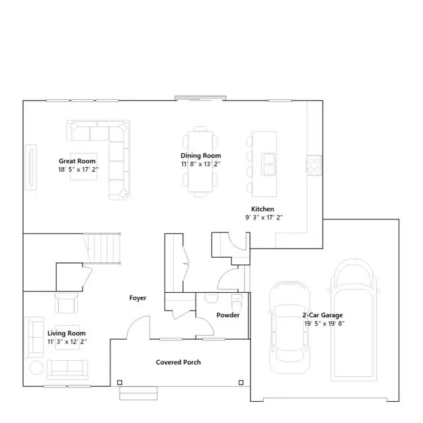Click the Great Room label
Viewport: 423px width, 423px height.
[77, 161]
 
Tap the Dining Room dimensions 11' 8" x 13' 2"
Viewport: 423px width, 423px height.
[201, 164]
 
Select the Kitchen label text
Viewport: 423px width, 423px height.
[262, 209]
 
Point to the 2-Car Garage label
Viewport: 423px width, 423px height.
[323, 315]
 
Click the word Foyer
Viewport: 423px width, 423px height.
[137, 298]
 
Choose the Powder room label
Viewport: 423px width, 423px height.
[228, 315]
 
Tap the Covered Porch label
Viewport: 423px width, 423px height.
[178, 362]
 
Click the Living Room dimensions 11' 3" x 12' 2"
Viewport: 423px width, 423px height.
[67, 342]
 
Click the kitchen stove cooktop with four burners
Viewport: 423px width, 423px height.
[314, 165]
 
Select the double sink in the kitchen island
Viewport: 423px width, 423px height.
[268, 164]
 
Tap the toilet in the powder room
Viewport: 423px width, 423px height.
[237, 303]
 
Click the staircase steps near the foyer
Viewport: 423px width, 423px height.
[102, 249]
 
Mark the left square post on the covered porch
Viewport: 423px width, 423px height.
[120, 382]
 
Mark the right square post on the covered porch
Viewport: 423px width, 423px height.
[241, 382]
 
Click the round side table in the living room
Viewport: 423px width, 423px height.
[36, 367]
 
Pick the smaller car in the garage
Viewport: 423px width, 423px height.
[290, 328]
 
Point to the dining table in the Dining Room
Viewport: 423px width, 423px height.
[200, 161]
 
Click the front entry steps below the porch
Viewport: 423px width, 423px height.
[138, 393]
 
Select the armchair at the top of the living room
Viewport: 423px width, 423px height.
[66, 303]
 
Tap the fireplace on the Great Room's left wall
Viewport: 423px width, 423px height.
[31, 167]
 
